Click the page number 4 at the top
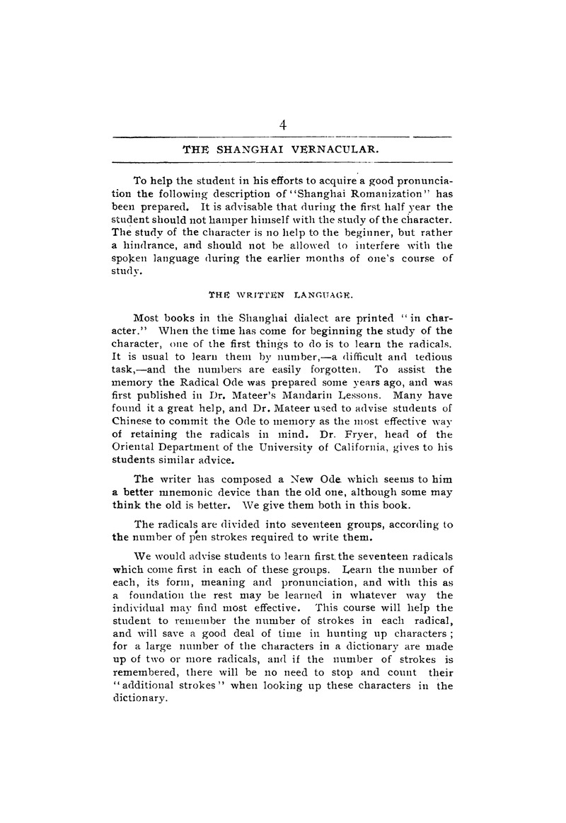click(x=282, y=125)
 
